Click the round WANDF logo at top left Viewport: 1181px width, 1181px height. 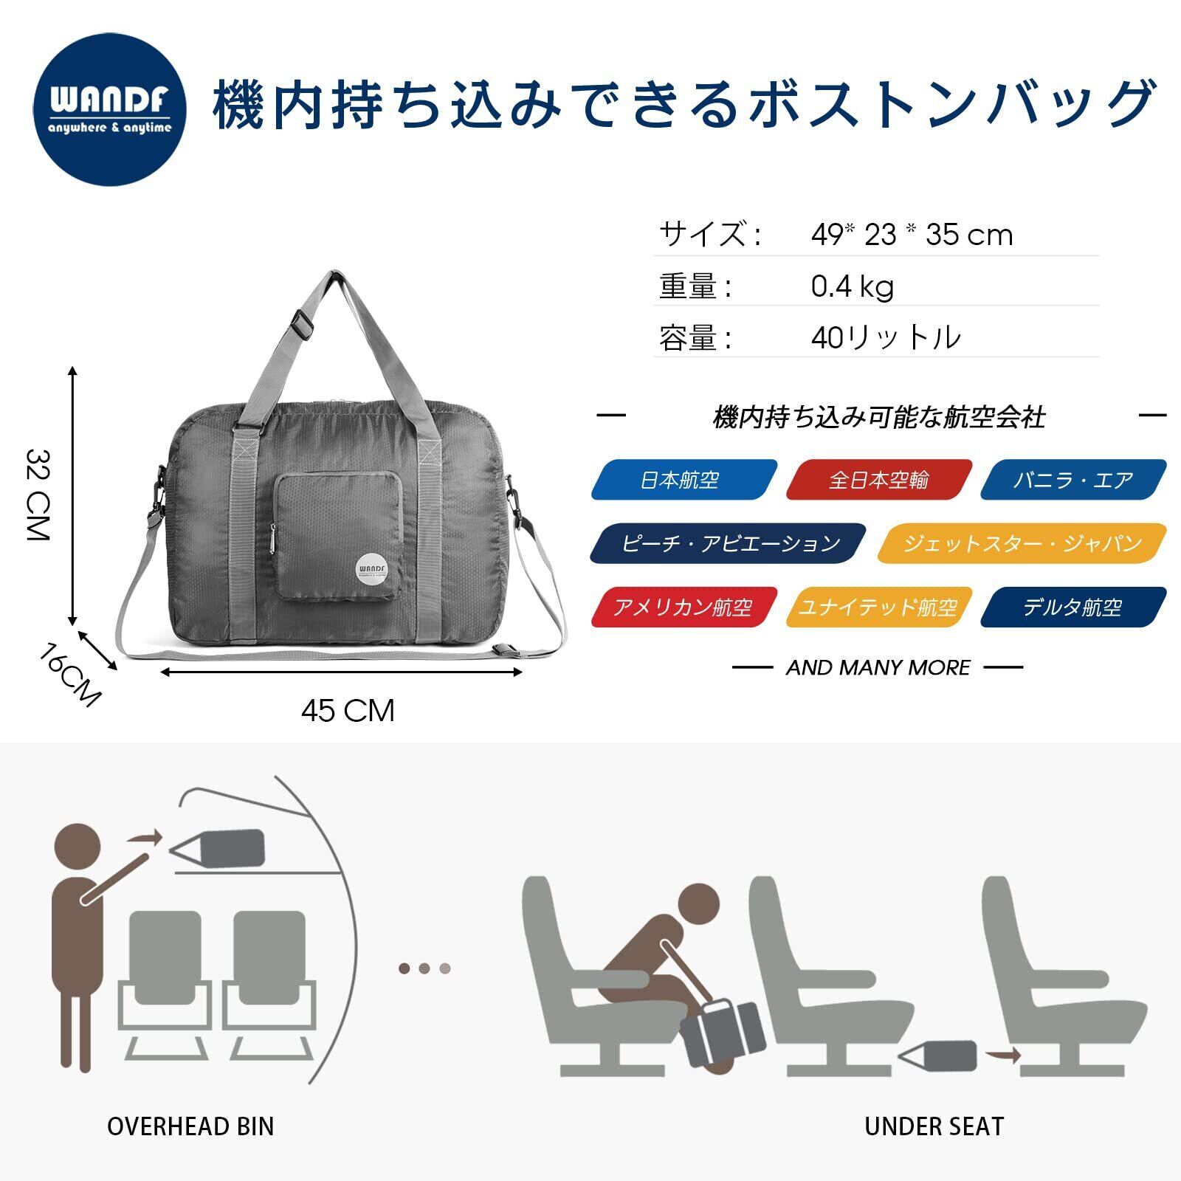tap(110, 109)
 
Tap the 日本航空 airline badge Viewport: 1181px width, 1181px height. tap(684, 480)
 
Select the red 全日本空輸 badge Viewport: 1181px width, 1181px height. tap(878, 480)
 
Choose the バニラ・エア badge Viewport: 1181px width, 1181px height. tap(1073, 480)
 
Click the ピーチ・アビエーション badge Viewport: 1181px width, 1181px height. tap(729, 543)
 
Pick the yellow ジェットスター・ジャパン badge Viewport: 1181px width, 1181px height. tap(1022, 543)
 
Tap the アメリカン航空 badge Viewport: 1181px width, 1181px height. tap(684, 607)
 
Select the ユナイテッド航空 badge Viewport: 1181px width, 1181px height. tap(878, 607)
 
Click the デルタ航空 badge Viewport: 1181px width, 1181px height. tap(1073, 607)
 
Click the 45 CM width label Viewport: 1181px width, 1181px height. tap(348, 711)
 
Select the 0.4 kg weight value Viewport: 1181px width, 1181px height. tap(852, 286)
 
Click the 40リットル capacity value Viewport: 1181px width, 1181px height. tap(886, 337)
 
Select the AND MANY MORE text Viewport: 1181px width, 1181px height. tap(878, 667)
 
